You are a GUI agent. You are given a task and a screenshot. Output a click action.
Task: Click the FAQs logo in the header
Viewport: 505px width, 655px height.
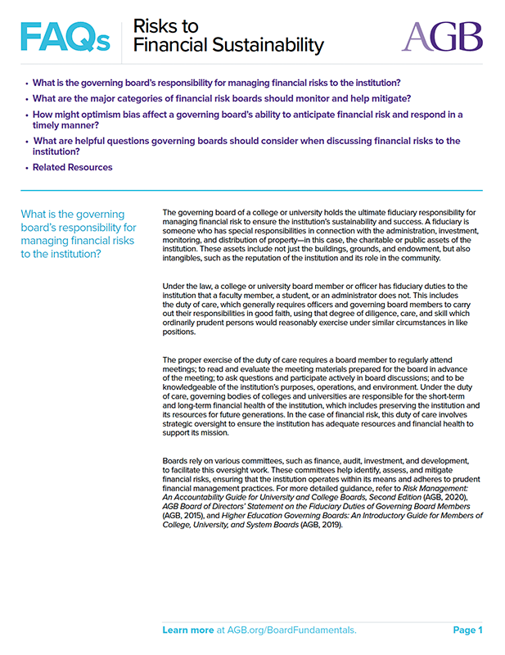[x=64, y=35]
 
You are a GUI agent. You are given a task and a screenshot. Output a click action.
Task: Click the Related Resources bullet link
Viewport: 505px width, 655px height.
[x=72, y=168]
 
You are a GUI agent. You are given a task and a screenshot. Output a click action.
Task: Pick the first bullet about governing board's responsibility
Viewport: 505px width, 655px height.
[x=216, y=84]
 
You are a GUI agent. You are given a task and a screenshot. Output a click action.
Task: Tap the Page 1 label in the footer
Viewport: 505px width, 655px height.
[x=467, y=630]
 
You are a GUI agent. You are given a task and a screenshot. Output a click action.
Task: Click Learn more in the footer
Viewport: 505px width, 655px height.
[x=187, y=630]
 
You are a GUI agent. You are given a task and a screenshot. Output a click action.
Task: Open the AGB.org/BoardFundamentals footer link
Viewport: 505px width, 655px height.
[x=290, y=630]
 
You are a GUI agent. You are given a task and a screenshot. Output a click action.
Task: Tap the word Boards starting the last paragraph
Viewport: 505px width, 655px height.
[x=176, y=460]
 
